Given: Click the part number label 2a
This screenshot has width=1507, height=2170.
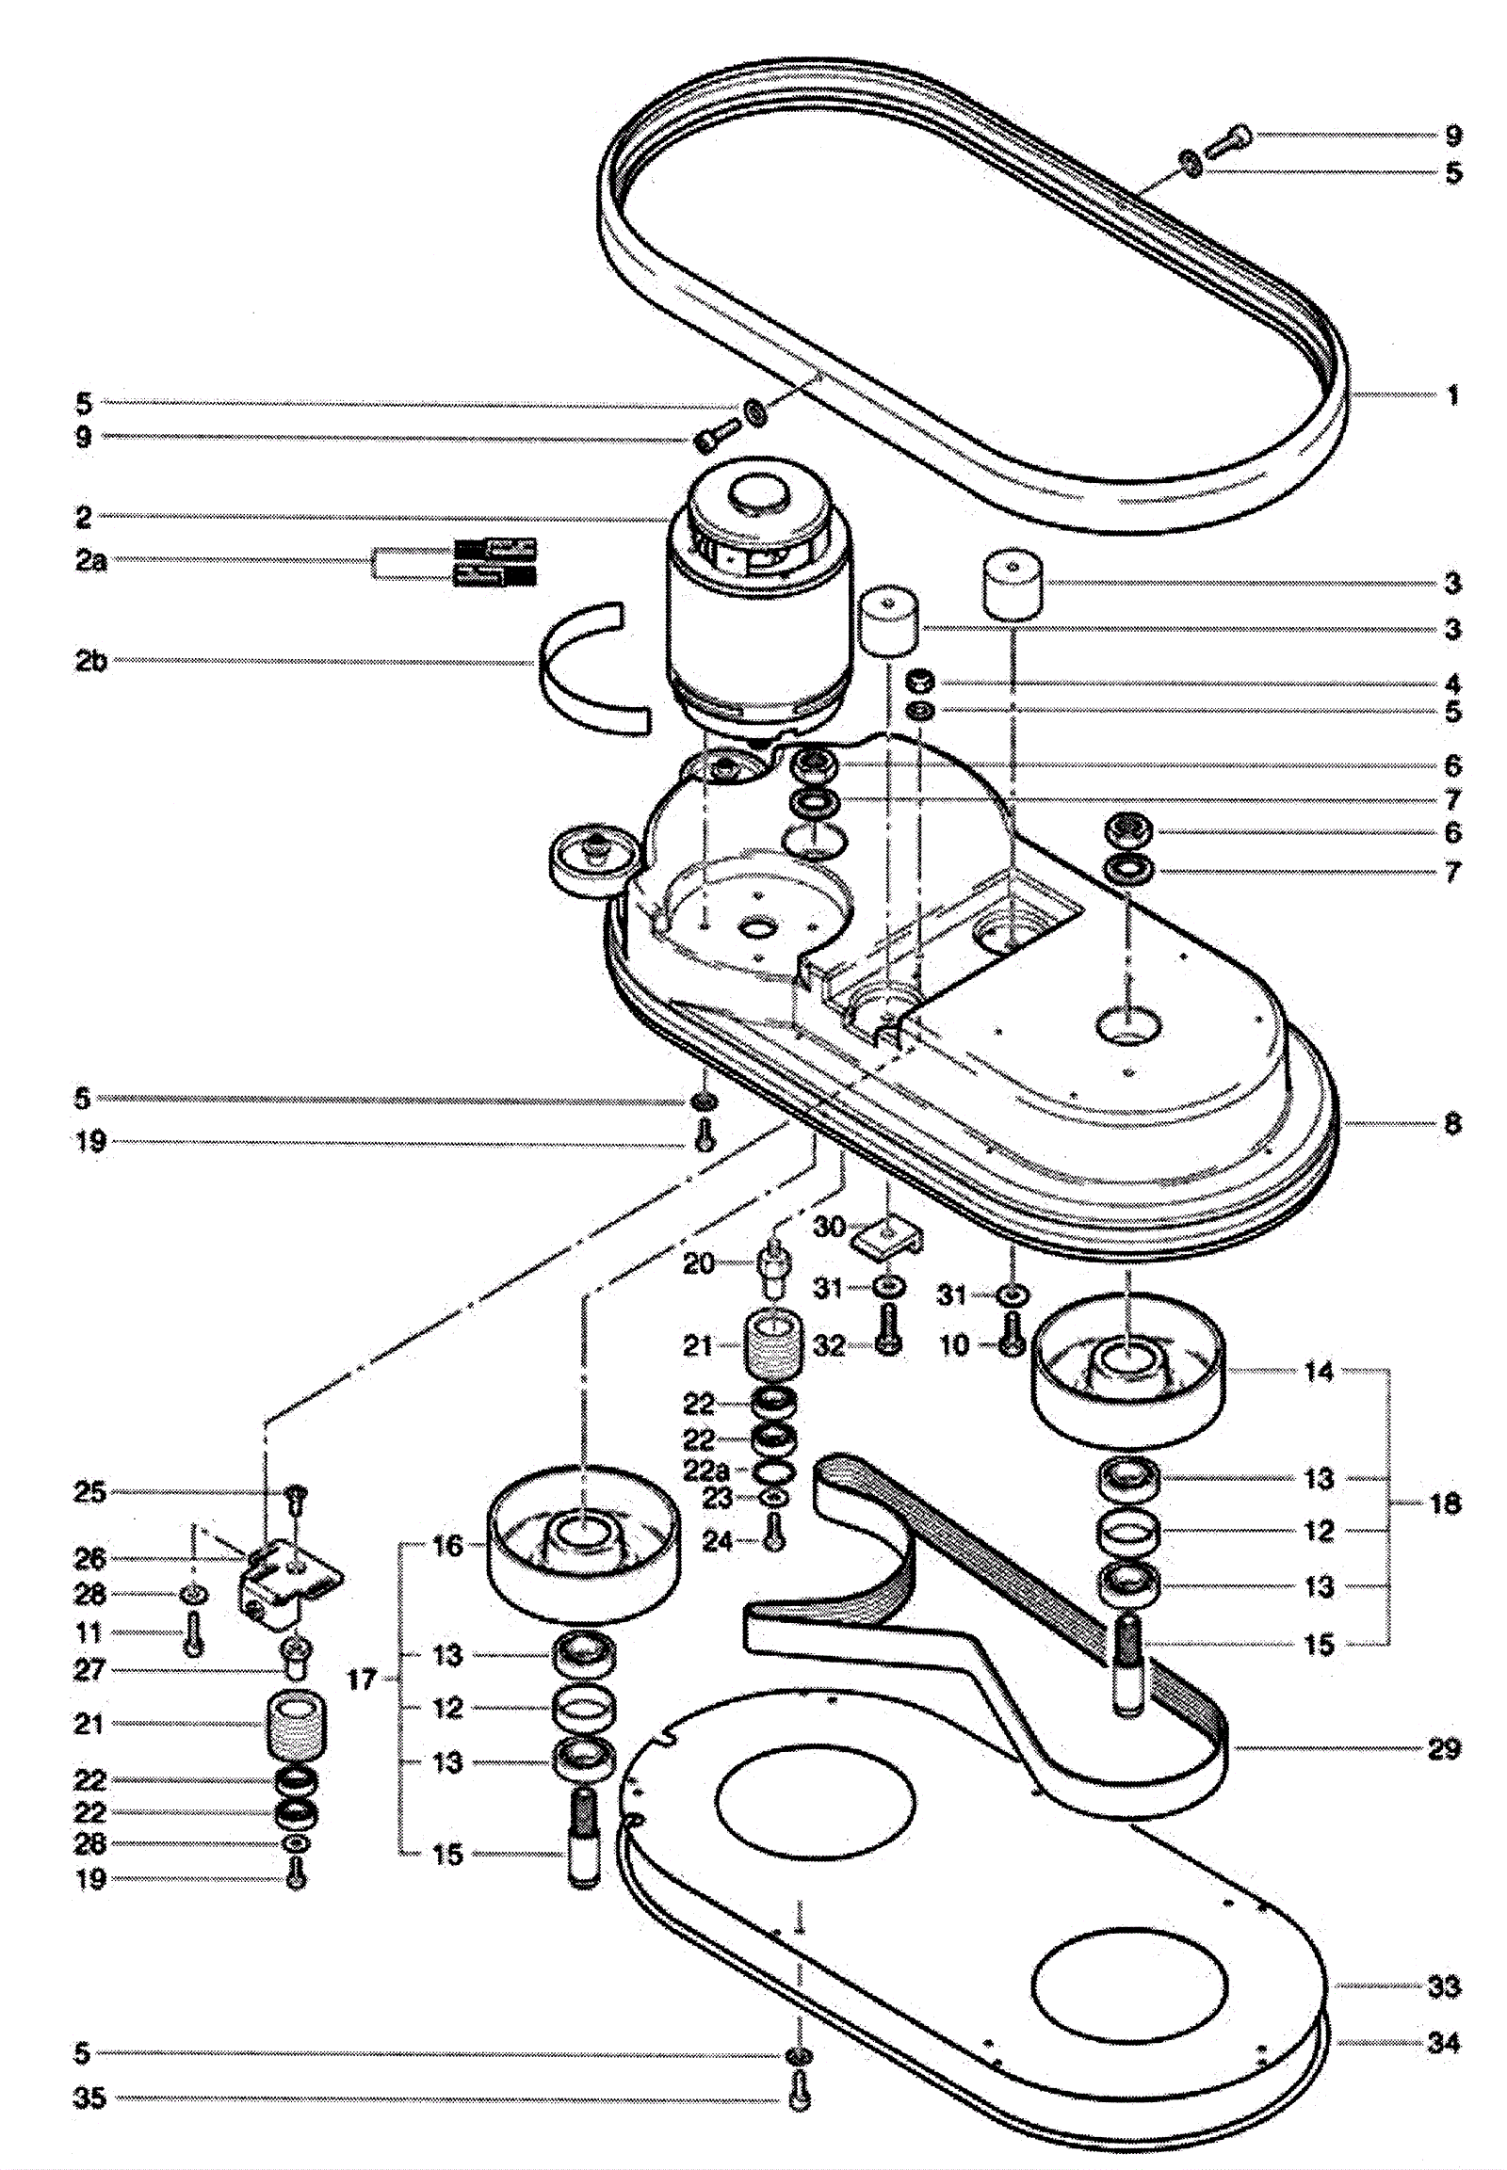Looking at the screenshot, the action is pos(91,561).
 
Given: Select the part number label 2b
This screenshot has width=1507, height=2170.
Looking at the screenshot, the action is pos(91,661).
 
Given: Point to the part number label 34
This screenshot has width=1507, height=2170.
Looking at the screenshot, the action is pos(1444,2043).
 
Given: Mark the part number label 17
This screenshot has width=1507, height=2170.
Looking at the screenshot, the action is pos(362,1680).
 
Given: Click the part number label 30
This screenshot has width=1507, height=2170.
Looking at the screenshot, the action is pos(829,1227).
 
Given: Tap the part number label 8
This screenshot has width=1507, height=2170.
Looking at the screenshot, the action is pos(1452,1123).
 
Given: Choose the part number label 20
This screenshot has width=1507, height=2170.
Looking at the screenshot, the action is pos(699,1262).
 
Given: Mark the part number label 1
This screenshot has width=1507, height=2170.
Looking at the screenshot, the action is pos(1452,394).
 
